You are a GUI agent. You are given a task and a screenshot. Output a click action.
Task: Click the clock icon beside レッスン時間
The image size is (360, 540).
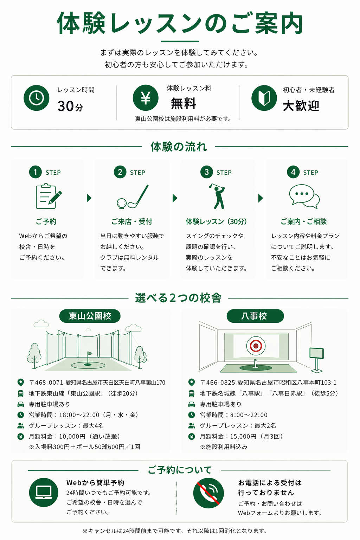pos(37,98)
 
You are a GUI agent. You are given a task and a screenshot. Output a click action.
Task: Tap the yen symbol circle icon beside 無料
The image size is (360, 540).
pos(146,98)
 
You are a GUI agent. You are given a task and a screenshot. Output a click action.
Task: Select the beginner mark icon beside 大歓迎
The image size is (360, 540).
pos(264,98)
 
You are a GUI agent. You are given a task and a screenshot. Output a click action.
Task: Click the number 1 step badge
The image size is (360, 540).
pos(36,172)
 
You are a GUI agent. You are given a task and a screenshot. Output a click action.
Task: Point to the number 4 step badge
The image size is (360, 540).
pos(293,172)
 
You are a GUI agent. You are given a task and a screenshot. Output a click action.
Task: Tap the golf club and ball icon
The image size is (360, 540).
pos(133,197)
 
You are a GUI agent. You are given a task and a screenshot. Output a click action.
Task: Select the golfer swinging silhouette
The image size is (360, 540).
pos(218,196)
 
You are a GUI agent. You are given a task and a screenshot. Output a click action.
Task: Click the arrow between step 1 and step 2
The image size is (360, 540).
pos(89,198)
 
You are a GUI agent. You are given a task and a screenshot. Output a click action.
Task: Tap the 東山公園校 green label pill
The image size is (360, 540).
pos(90,316)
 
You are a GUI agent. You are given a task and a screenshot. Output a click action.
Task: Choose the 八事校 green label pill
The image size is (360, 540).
pos(255,316)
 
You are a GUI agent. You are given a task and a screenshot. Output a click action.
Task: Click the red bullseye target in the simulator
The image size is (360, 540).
pos(256,346)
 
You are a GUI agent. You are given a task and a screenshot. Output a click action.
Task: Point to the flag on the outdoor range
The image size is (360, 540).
pos(89,354)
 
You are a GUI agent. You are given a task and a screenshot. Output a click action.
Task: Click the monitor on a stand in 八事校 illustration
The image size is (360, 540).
pos(317,360)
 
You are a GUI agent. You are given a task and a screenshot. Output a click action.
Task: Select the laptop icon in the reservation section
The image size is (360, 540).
pos(44,493)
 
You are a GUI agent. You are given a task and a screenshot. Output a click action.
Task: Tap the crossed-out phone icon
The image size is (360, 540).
pos(208,493)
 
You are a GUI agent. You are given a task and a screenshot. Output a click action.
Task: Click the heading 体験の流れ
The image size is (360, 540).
pos(179,147)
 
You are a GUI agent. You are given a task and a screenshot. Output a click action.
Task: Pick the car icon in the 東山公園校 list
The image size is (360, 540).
pos(21,404)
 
